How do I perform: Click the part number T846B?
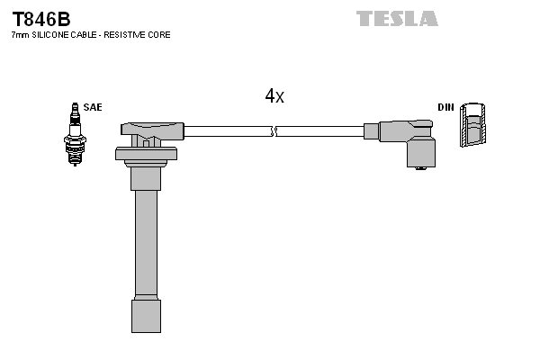pyautogui.click(x=40, y=17)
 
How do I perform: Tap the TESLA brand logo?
pyautogui.click(x=397, y=18)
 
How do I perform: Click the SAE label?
pyautogui.click(x=93, y=107)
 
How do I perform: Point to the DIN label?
pyautogui.click(x=445, y=107)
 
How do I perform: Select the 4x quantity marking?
pyautogui.click(x=274, y=96)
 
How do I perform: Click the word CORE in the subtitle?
pyautogui.click(x=160, y=35)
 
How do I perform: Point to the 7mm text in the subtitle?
pyautogui.click(x=19, y=35)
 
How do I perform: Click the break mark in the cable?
pyautogui.click(x=274, y=131)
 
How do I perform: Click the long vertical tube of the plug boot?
pyautogui.click(x=146, y=243)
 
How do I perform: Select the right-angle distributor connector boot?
pyautogui.click(x=409, y=139)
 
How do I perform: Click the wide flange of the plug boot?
pyautogui.click(x=146, y=154)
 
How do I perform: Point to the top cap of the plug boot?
pyautogui.click(x=148, y=130)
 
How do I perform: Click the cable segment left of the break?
pyautogui.click(x=225, y=131)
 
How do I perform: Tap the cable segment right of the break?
pyautogui.click(x=319, y=131)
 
